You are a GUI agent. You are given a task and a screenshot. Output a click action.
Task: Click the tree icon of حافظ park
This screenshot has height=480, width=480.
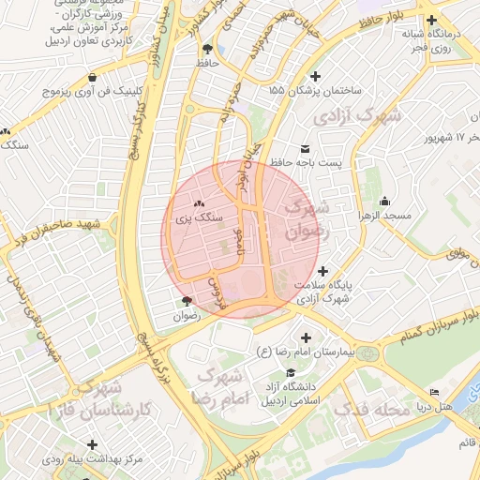(x=206, y=49)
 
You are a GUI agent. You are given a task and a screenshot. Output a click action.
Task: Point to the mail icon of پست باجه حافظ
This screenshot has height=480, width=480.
(x=305, y=149)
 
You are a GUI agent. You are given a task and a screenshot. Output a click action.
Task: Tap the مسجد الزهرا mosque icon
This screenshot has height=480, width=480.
(x=384, y=201)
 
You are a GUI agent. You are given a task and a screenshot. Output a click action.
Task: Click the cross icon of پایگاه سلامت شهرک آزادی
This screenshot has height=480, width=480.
(x=322, y=270)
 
